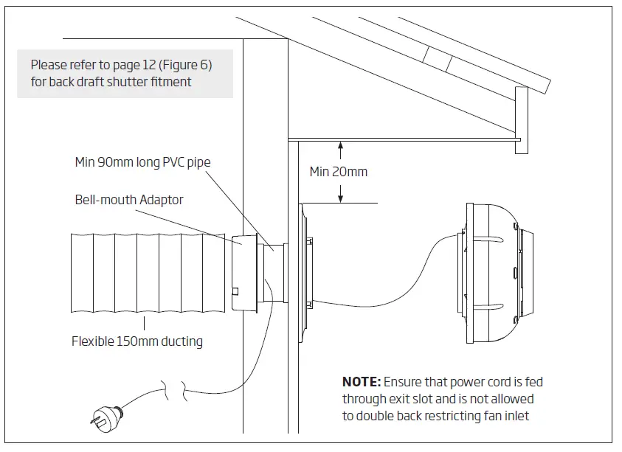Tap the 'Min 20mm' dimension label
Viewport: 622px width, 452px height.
pos(338,172)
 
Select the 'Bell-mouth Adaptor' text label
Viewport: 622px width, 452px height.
pos(129,200)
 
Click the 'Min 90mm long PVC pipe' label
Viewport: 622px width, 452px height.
pos(137,161)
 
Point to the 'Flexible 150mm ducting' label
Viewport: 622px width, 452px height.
pos(137,341)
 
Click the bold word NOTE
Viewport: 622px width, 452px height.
pos(361,382)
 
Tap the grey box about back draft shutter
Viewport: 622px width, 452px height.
pos(125,74)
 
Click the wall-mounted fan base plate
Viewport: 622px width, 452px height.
pos(304,272)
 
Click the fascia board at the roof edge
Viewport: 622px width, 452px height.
pos(522,125)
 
